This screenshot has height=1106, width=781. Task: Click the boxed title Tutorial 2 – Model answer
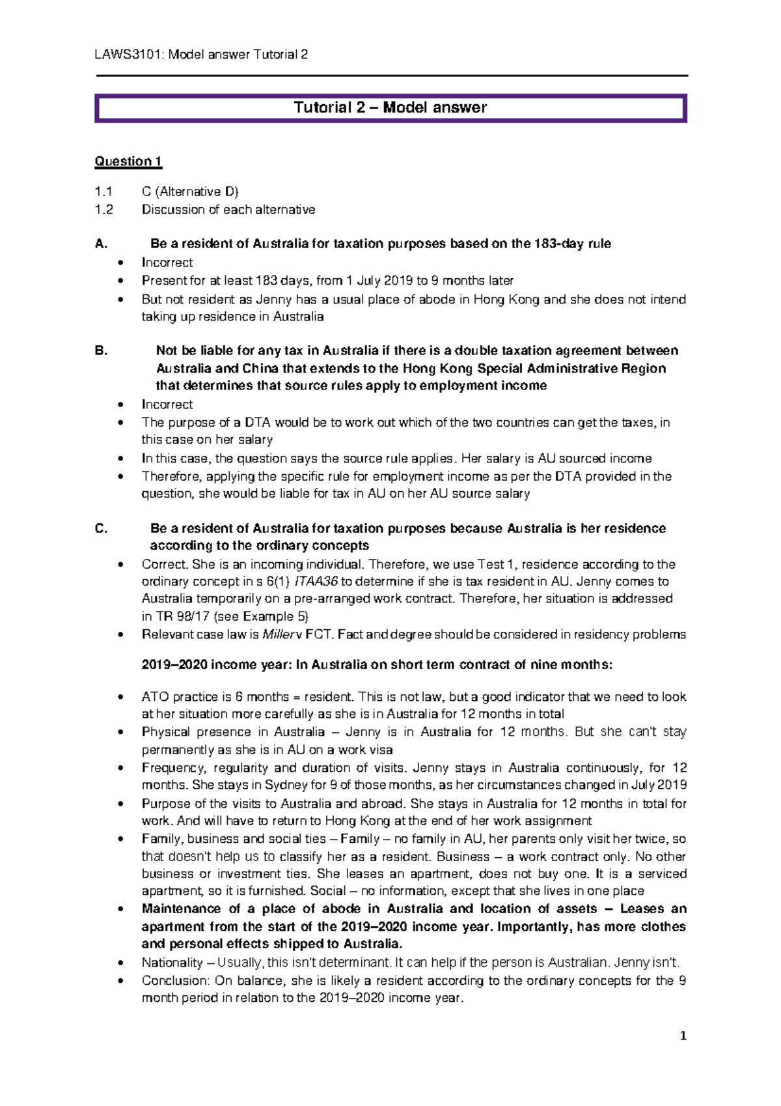tap(390, 107)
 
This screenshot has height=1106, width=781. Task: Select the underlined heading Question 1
tap(128, 161)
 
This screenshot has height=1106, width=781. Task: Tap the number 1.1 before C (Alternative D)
tap(103, 191)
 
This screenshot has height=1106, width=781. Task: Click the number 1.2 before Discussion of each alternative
tap(103, 210)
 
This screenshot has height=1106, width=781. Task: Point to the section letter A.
tap(100, 244)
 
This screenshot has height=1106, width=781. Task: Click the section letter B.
tap(100, 350)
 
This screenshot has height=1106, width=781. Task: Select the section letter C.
tap(101, 528)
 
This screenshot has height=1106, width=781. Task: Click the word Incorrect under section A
tap(167, 262)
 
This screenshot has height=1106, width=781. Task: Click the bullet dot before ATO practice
tap(120, 698)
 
